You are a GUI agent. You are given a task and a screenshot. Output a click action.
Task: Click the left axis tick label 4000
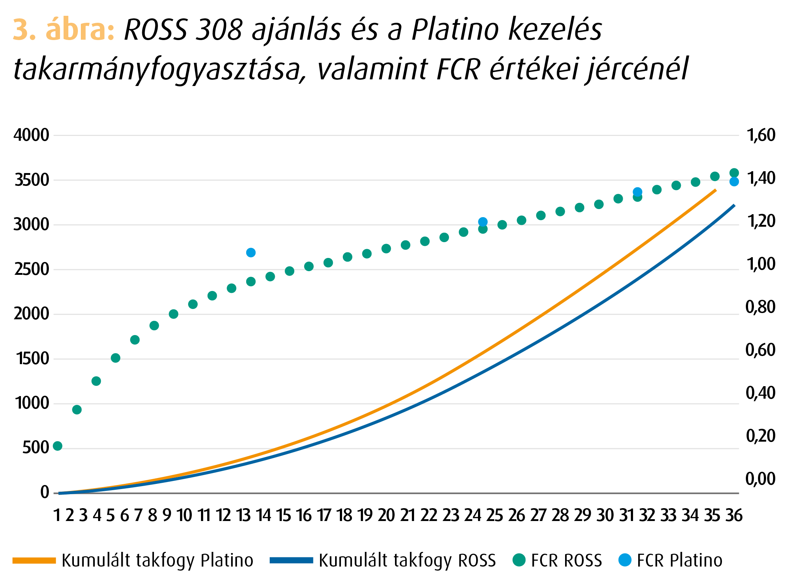click(31, 135)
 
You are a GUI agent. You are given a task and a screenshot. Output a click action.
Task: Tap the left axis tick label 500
click(36, 448)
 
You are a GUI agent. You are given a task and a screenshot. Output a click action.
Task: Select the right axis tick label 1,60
click(761, 135)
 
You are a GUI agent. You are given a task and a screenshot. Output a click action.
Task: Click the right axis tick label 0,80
click(760, 307)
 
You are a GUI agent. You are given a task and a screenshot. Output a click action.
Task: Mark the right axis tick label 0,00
click(760, 479)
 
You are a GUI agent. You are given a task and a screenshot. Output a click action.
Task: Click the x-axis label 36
click(734, 515)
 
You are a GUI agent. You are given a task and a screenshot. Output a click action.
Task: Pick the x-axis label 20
click(386, 515)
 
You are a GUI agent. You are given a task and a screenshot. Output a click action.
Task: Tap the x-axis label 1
click(57, 515)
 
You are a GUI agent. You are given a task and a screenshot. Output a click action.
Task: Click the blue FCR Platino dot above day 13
click(251, 253)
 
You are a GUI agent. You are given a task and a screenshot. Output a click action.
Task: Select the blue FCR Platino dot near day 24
click(483, 222)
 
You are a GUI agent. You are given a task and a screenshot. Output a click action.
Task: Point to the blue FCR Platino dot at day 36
click(734, 182)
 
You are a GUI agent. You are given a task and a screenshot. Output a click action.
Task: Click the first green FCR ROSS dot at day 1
click(58, 446)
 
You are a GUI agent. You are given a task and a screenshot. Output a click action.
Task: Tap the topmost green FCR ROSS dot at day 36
click(734, 173)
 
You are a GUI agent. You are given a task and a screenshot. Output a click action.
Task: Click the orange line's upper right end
click(715, 190)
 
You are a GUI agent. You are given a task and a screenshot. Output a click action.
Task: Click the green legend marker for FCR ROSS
click(519, 560)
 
